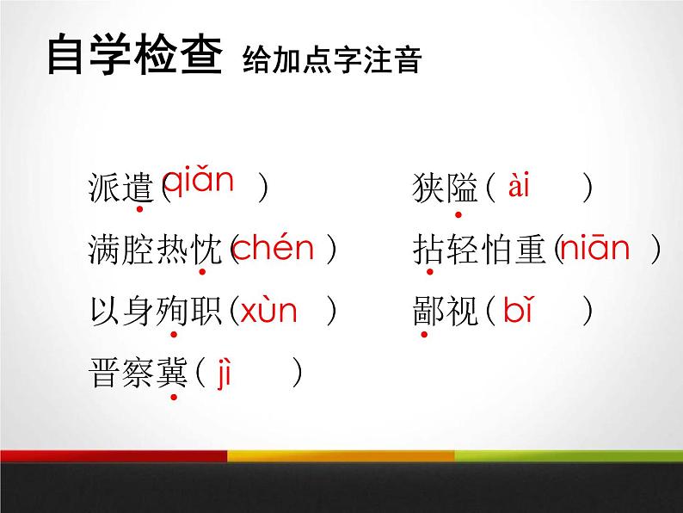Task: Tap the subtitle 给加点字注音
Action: click(332, 61)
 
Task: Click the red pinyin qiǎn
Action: click(198, 181)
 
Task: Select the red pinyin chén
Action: click(274, 249)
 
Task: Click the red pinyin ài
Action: click(519, 186)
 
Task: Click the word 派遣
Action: click(120, 188)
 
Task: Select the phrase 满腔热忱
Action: click(152, 250)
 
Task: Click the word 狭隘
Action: click(445, 188)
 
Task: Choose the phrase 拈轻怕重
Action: click(477, 250)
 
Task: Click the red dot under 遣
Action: click(138, 210)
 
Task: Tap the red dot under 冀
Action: click(174, 397)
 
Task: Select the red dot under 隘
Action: click(458, 213)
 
